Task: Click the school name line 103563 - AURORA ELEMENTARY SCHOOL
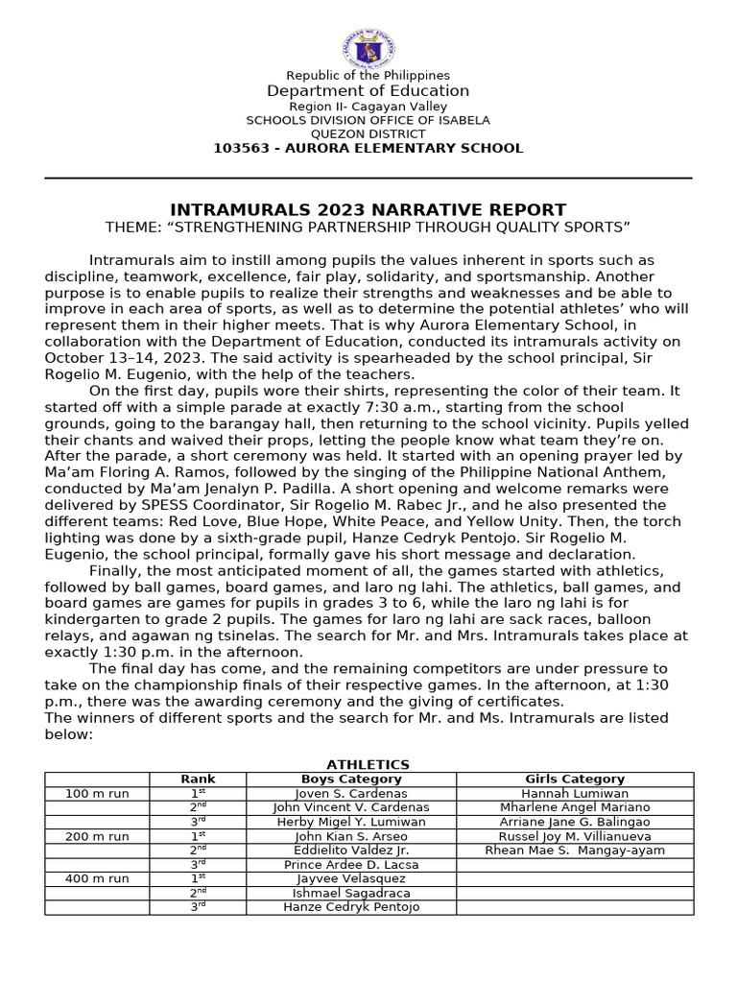368,148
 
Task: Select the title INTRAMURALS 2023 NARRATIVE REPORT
368,209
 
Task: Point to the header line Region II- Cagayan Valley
368,106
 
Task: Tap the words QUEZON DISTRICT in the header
368,134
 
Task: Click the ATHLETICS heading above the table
368,764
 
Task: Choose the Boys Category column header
351,779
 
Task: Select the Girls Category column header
575,779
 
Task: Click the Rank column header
199,779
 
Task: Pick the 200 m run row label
97,836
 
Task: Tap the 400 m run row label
97,878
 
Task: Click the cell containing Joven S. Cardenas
351,794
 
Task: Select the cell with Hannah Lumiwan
575,794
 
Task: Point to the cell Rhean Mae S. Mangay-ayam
575,851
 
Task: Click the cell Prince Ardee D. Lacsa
351,865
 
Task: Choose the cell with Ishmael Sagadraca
351,893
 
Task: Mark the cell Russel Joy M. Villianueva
575,836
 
